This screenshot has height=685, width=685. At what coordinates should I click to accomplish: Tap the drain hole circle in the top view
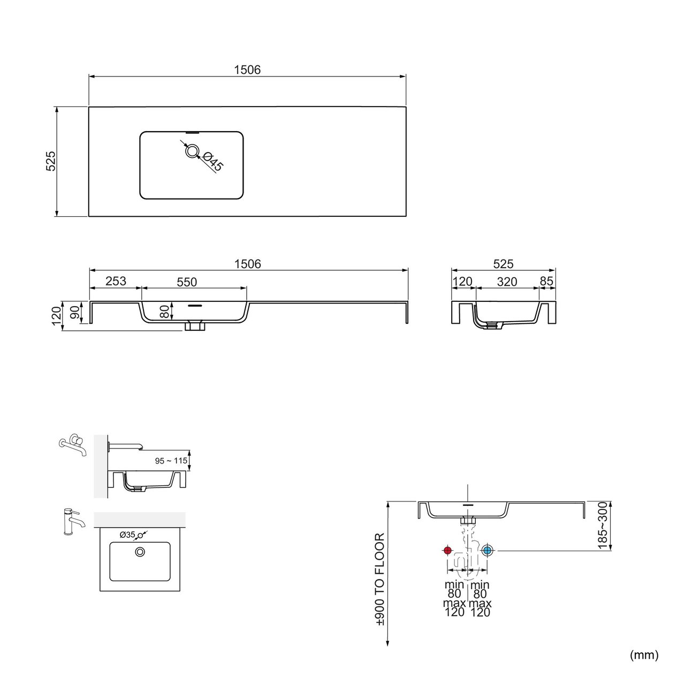tap(192, 151)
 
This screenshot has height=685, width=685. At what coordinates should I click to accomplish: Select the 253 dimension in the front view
tap(116, 281)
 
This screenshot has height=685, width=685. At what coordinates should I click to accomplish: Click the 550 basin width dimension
tap(187, 282)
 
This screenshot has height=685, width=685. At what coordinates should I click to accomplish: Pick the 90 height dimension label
tap(75, 313)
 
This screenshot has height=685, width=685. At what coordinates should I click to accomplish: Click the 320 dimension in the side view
tap(507, 281)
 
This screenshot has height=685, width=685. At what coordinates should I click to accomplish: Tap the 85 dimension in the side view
tap(546, 281)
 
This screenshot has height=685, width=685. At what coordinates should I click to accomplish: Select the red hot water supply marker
tap(447, 551)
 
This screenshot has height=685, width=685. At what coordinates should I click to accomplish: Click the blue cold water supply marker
tap(487, 551)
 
